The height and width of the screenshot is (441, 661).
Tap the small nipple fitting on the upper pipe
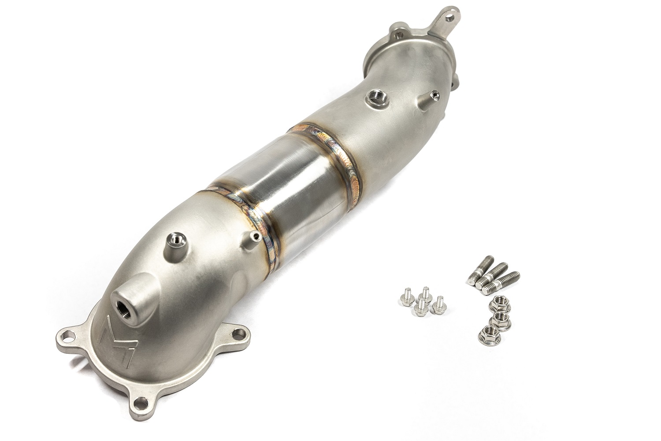433,94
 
